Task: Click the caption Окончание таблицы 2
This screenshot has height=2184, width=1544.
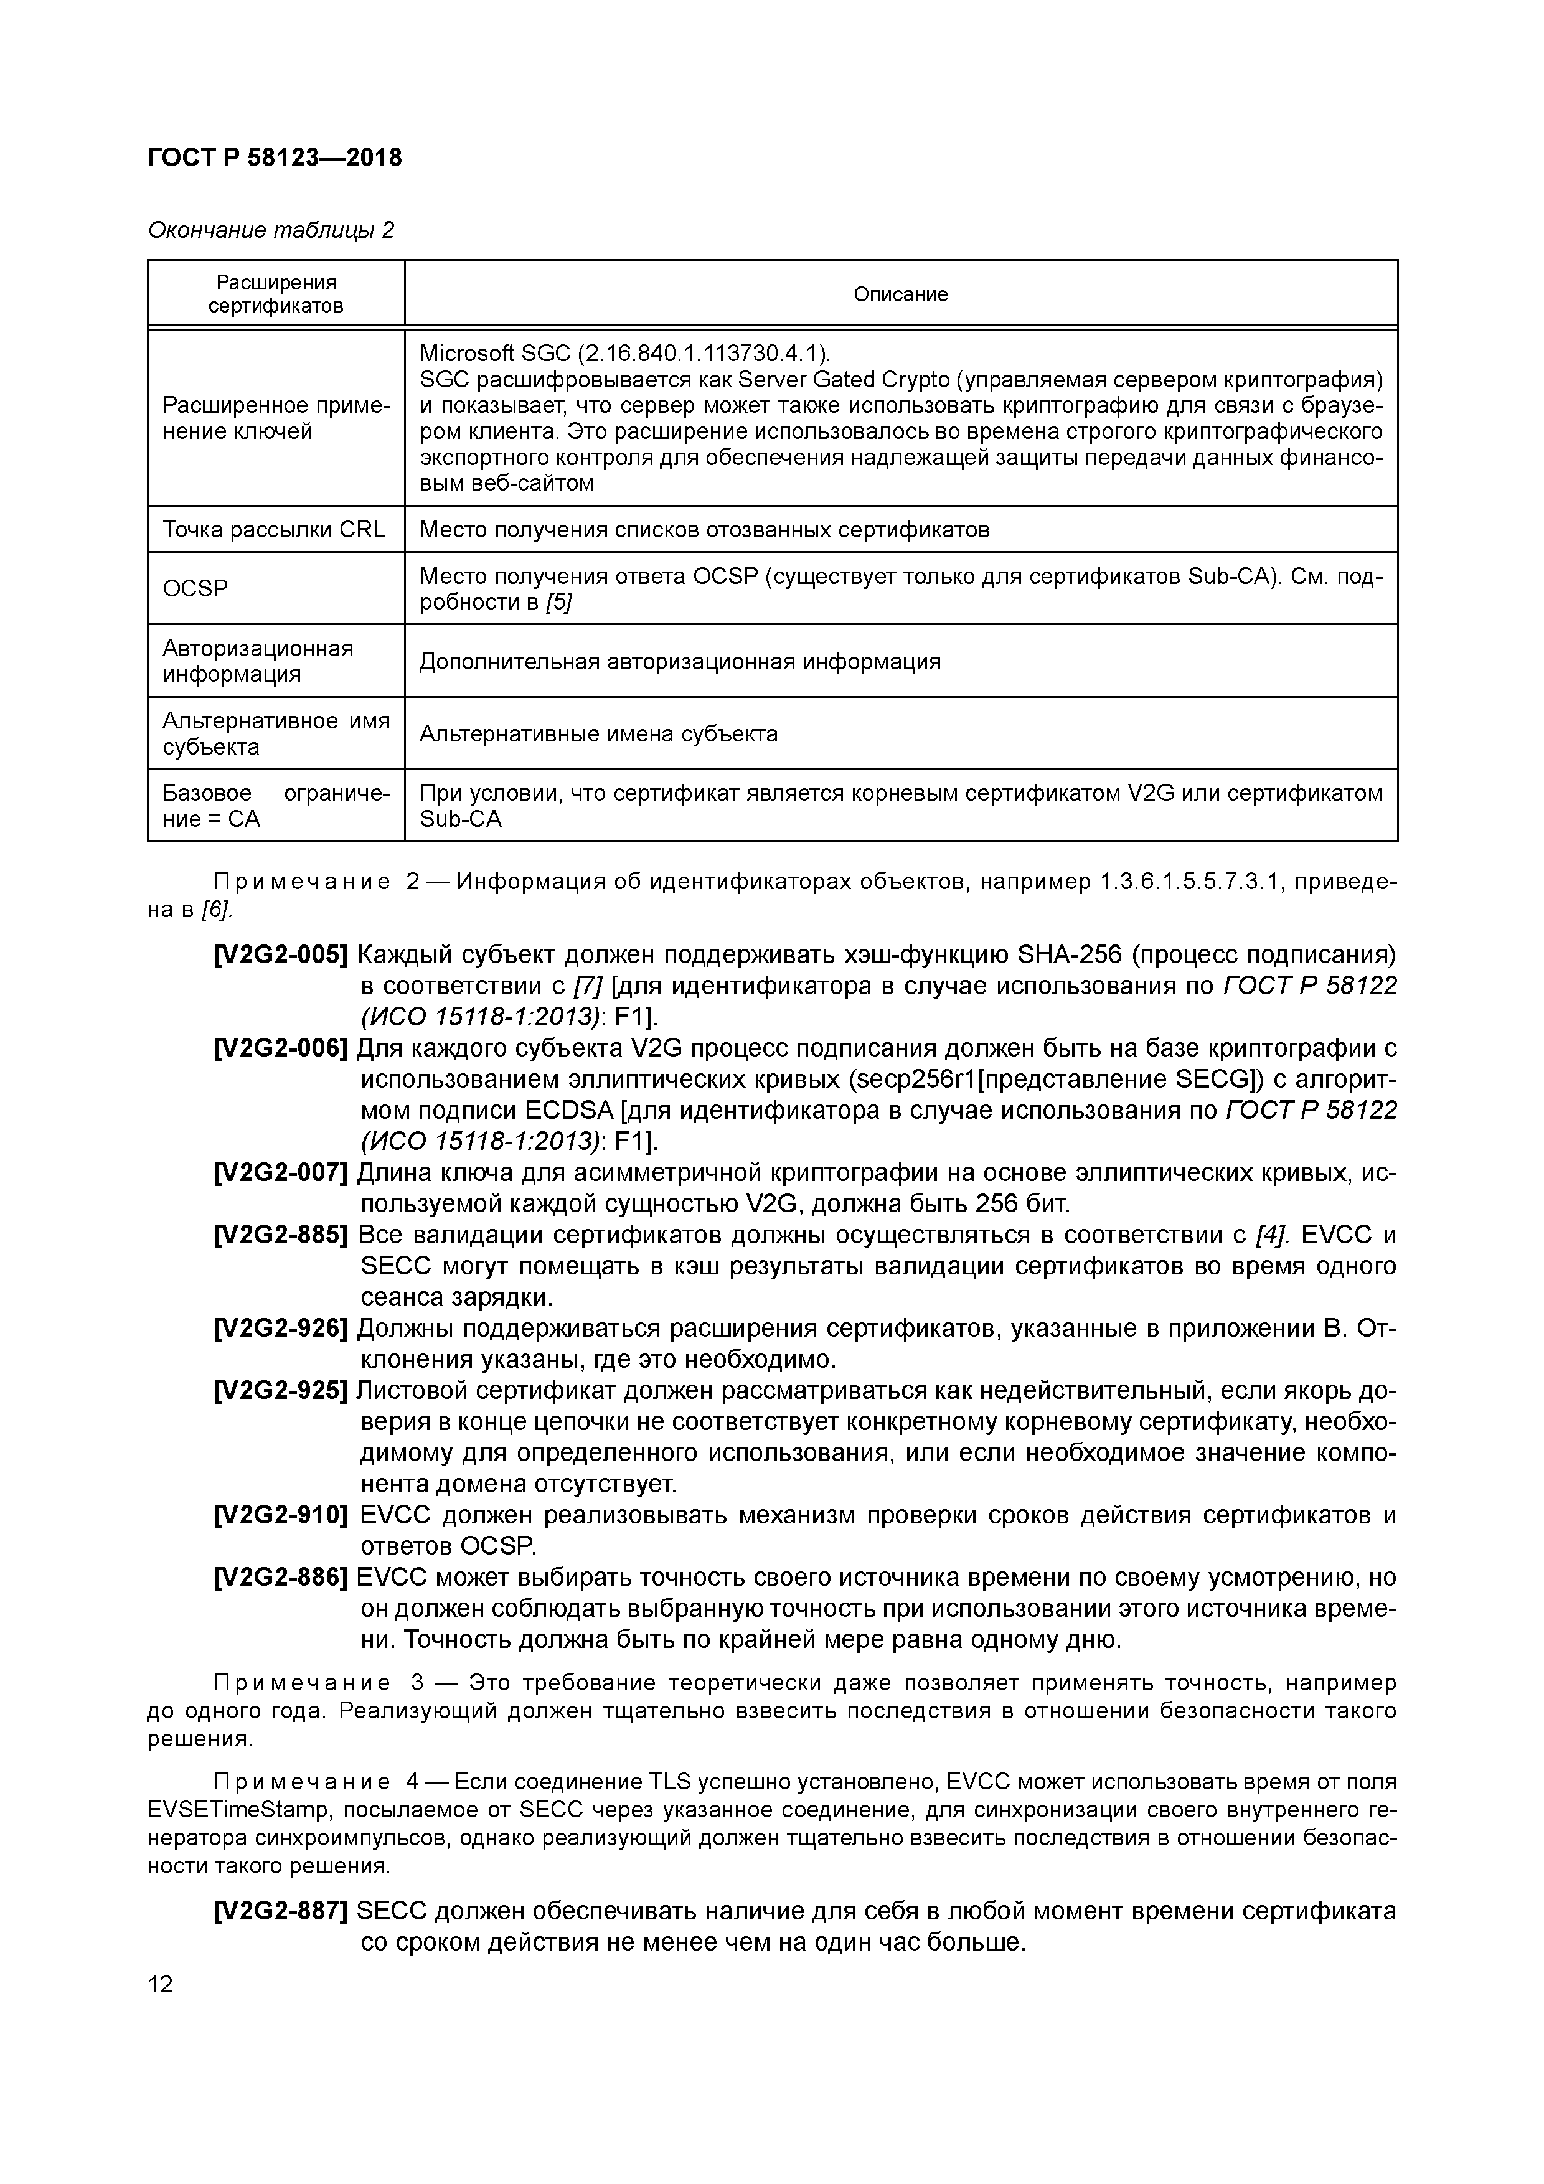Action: pyautogui.click(x=270, y=230)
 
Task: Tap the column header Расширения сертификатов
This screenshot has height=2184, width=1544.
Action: pyautogui.click(x=276, y=294)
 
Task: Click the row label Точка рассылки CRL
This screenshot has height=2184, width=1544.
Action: pyautogui.click(x=274, y=530)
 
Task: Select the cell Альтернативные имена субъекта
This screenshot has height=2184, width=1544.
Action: pyautogui.click(x=598, y=733)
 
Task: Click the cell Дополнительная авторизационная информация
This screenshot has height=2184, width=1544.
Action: pyautogui.click(x=679, y=661)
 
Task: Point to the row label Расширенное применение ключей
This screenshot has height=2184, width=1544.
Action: pyautogui.click(x=276, y=418)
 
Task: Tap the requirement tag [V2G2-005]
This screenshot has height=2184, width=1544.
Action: pyautogui.click(x=281, y=954)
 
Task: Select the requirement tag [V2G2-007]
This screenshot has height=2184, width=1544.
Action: pyautogui.click(x=281, y=1173)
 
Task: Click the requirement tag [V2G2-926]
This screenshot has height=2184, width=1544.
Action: pyautogui.click(x=281, y=1328)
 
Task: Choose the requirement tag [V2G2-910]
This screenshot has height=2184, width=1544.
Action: pyautogui.click(x=281, y=1515)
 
